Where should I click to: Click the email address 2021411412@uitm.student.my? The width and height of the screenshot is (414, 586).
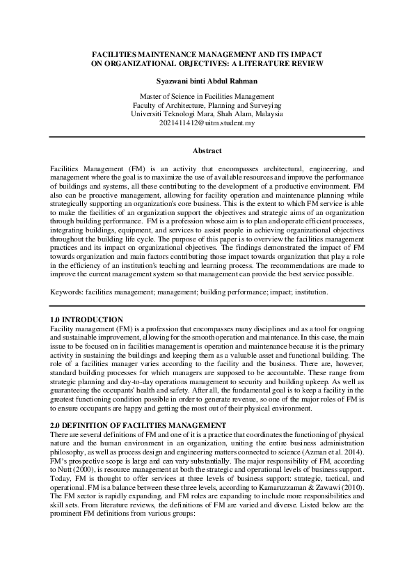click(x=207, y=123)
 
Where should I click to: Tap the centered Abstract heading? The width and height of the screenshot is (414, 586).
click(x=207, y=151)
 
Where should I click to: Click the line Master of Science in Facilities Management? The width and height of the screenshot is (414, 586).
click(x=207, y=96)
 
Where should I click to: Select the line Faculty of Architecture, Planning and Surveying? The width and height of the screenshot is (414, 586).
click(x=207, y=105)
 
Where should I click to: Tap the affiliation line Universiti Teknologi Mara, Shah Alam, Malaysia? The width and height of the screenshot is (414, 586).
click(x=207, y=114)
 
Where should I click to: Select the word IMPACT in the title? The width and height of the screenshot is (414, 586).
click(x=303, y=54)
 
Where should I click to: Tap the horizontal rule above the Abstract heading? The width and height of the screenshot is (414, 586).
click(x=207, y=137)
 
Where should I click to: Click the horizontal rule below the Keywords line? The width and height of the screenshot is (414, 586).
click(x=207, y=306)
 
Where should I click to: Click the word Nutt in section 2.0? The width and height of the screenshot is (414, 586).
click(x=59, y=470)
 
